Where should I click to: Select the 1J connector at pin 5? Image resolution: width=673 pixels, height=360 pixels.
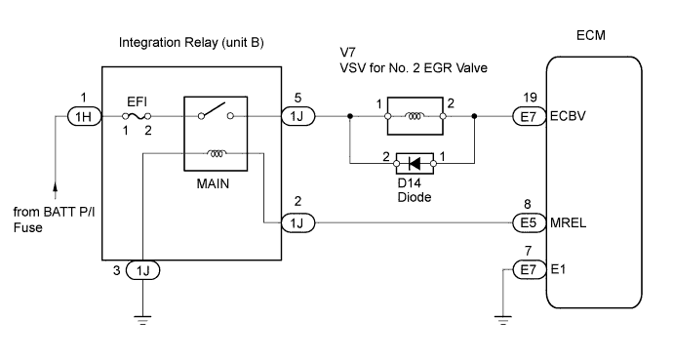[297, 116]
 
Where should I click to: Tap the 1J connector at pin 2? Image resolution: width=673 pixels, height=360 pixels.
[297, 223]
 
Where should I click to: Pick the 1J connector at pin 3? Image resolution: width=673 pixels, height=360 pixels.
[143, 269]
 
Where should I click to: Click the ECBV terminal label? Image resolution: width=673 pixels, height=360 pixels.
[567, 116]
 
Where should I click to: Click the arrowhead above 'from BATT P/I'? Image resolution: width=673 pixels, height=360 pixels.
[56, 183]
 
